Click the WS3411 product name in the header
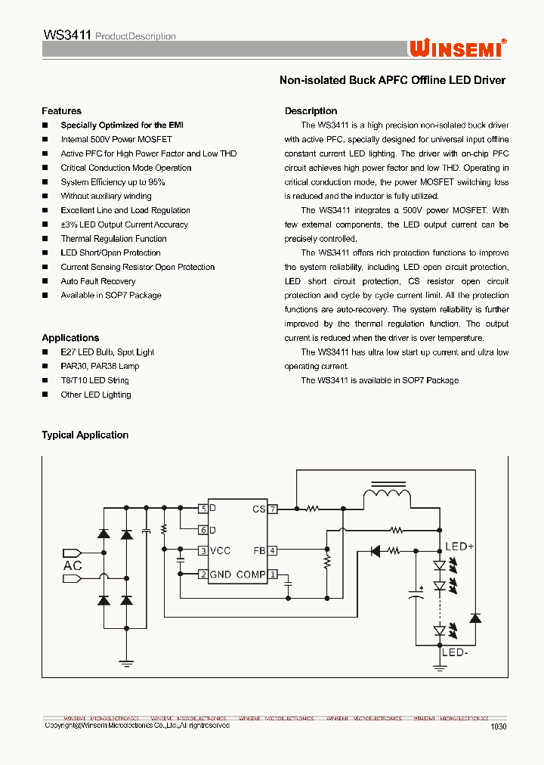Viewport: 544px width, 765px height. pyautogui.click(x=68, y=35)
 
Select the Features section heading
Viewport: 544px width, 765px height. pyautogui.click(x=61, y=111)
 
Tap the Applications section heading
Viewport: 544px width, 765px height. pyautogui.click(x=70, y=338)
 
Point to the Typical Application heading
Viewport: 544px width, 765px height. pyautogui.click(x=85, y=435)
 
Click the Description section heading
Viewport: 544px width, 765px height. pyautogui.click(x=311, y=111)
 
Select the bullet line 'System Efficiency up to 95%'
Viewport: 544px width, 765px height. pyautogui.click(x=113, y=182)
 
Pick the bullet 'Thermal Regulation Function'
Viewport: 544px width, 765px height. pyautogui.click(x=113, y=239)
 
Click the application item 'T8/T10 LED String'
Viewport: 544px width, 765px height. pyautogui.click(x=94, y=381)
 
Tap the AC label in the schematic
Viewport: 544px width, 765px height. pyautogui.click(x=73, y=565)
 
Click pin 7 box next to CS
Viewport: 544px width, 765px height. pyautogui.click(x=273, y=509)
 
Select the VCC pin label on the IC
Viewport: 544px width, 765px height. pyautogui.click(x=220, y=551)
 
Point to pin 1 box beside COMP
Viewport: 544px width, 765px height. pyautogui.click(x=273, y=575)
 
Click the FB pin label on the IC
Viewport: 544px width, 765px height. pyautogui.click(x=259, y=551)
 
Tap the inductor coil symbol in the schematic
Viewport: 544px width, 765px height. pyautogui.click(x=388, y=497)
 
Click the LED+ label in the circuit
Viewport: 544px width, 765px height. pyautogui.click(x=459, y=547)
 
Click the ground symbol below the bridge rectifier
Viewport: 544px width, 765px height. pyautogui.click(x=127, y=663)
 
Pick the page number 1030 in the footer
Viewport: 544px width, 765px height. pyautogui.click(x=498, y=726)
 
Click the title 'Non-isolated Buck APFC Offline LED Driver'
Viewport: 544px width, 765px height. pyautogui.click(x=392, y=80)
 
